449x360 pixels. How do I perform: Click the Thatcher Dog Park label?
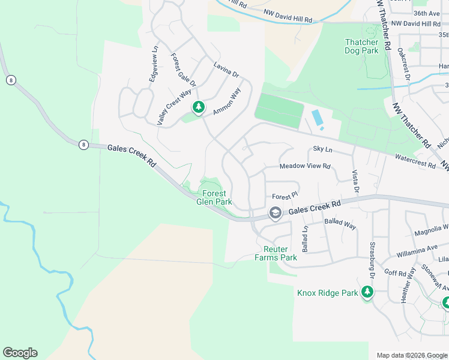[361, 46]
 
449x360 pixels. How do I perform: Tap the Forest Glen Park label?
[214, 197]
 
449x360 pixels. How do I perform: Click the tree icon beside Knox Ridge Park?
[367, 292]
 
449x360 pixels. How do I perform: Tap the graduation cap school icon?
[275, 213]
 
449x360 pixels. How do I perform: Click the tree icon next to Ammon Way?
[198, 107]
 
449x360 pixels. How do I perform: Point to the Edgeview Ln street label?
[154, 65]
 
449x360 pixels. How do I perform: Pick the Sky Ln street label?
[322, 149]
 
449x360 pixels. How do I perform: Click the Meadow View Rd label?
[305, 166]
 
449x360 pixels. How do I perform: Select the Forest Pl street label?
[285, 196]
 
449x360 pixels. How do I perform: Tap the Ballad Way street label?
[340, 224]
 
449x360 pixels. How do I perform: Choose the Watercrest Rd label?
[415, 161]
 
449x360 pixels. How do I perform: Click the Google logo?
[20, 353]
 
